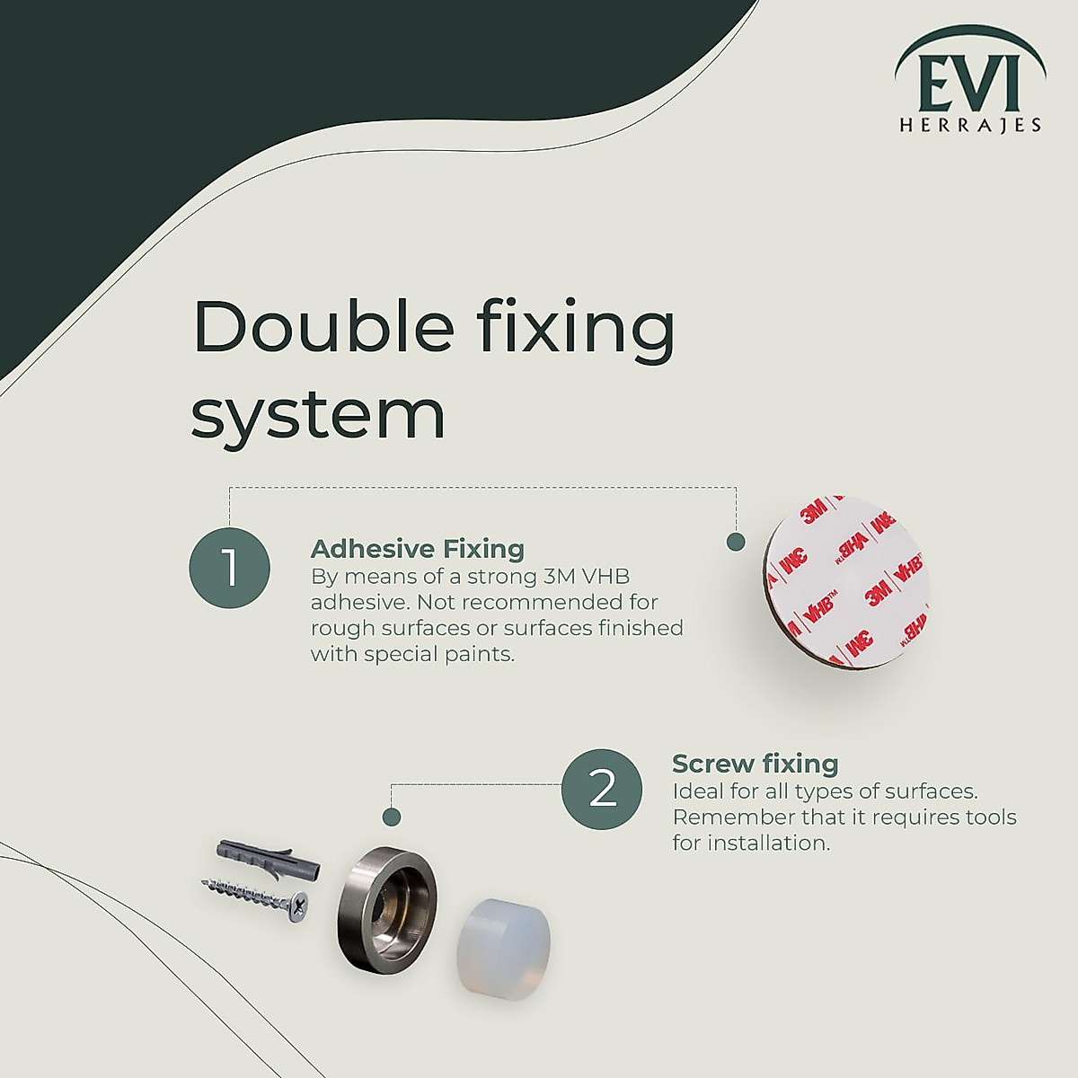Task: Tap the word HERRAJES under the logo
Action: pos(970,126)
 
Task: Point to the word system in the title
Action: pos(318,416)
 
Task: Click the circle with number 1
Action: pos(229,569)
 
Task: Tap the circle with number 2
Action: pos(602,789)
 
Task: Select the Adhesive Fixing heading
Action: pos(417,549)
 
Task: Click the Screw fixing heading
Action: pos(755,764)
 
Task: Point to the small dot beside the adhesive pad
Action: pos(735,542)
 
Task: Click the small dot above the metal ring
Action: pos(391,817)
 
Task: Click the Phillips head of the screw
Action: pos(296,909)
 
